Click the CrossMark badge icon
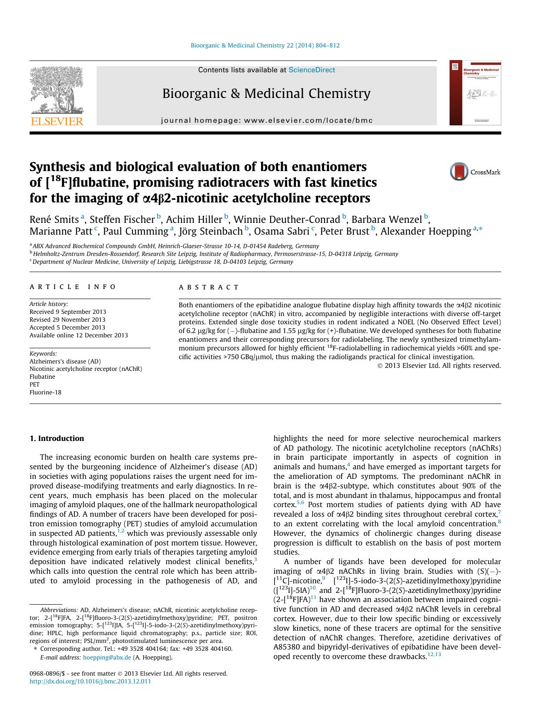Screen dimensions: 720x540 [459, 172]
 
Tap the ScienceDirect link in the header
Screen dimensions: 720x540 [312, 70]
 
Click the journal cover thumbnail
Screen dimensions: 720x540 [475, 93]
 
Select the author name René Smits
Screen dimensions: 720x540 [54, 219]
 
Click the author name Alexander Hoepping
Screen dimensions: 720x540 [426, 231]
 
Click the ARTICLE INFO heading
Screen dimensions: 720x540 [73, 287]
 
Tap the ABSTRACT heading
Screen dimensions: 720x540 [209, 287]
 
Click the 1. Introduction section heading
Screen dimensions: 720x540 [57, 438]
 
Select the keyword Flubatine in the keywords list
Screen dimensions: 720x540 [42, 377]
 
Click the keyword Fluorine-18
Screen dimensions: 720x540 [45, 392]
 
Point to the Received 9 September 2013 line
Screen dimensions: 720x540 [67, 312]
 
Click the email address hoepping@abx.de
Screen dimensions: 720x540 [107, 657]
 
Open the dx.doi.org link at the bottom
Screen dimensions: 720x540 [90, 681]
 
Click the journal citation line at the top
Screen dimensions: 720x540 [265, 45]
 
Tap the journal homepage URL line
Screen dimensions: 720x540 [267, 121]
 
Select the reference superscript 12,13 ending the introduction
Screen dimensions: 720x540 [434, 654]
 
